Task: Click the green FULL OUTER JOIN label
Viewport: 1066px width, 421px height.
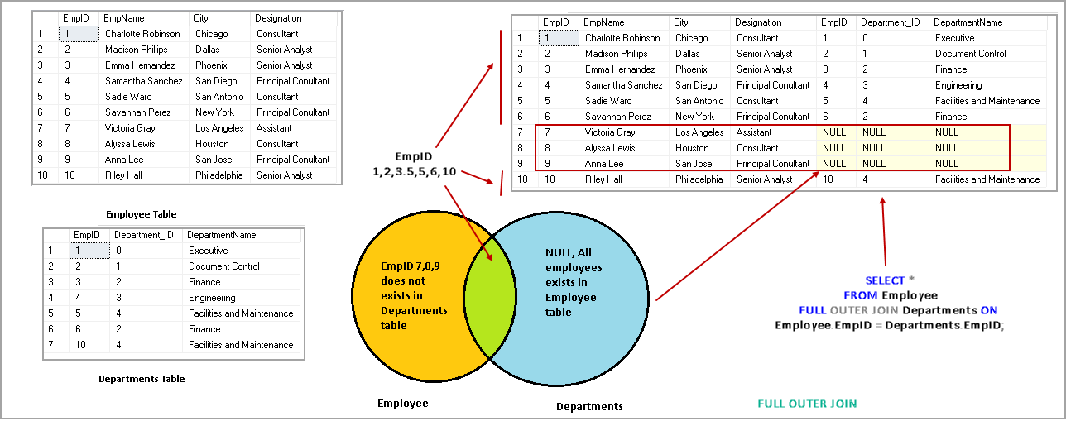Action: (807, 404)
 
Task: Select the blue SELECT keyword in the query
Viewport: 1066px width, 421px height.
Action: (885, 280)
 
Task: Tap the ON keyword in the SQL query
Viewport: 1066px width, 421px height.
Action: (989, 310)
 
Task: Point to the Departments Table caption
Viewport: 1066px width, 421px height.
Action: (142, 379)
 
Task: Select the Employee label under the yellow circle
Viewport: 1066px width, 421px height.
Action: (403, 404)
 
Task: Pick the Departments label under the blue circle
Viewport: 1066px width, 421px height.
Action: (589, 406)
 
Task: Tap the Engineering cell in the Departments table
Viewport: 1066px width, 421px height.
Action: (213, 298)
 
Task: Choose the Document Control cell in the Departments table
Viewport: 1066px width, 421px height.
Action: (223, 266)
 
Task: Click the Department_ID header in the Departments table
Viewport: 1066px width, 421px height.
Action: (144, 235)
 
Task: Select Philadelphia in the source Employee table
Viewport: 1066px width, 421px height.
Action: (218, 175)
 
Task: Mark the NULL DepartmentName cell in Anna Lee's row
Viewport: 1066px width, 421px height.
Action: (947, 164)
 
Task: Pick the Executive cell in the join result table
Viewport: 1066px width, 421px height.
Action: (955, 38)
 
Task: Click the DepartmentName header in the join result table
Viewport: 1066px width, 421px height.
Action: (968, 22)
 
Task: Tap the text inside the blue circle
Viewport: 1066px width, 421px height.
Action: (574, 283)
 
